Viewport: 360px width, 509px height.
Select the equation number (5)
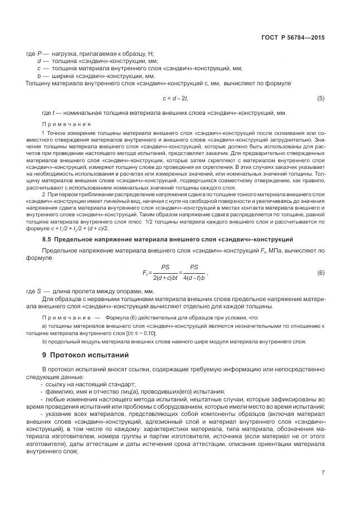[320, 98]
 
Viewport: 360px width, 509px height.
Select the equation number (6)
[320, 273]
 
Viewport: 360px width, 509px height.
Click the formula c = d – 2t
[175, 98]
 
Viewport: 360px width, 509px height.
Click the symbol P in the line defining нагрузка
[38, 52]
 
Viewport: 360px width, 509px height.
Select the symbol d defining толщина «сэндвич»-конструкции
[38, 60]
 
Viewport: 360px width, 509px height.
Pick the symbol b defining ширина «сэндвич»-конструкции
[38, 75]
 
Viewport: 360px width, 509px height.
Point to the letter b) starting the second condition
[45, 341]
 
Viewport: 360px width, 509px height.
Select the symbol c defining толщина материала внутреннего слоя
[38, 68]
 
